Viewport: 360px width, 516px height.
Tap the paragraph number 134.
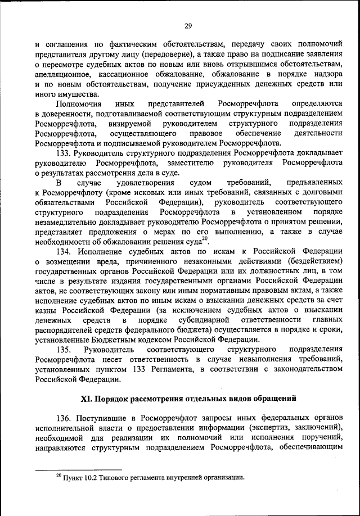[65, 251]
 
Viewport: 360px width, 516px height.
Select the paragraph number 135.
[65, 348]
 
